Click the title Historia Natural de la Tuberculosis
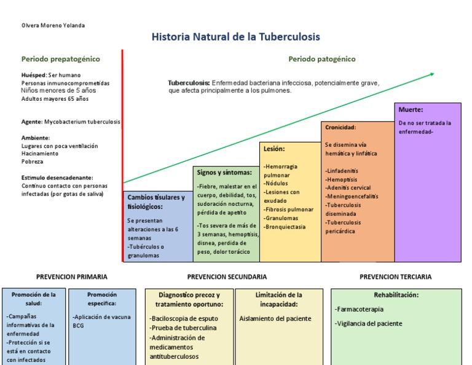(x=235, y=37)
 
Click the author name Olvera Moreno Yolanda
(x=53, y=25)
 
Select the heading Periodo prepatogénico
(x=61, y=59)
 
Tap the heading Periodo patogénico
(x=321, y=59)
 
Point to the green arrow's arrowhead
(x=431, y=74)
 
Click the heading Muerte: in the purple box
(x=411, y=110)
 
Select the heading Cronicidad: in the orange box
(x=340, y=127)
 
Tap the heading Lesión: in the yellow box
(x=274, y=149)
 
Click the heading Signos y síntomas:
(x=224, y=173)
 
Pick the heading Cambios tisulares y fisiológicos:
(x=156, y=202)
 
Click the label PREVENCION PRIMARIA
(x=71, y=277)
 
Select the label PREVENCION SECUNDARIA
(x=227, y=277)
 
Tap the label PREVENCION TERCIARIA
(x=395, y=277)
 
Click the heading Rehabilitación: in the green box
(x=396, y=295)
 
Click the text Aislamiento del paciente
(x=275, y=318)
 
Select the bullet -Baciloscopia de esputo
(x=183, y=318)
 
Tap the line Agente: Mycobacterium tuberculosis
(x=71, y=122)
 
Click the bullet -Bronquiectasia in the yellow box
(x=285, y=227)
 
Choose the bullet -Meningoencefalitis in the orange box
(x=352, y=197)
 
